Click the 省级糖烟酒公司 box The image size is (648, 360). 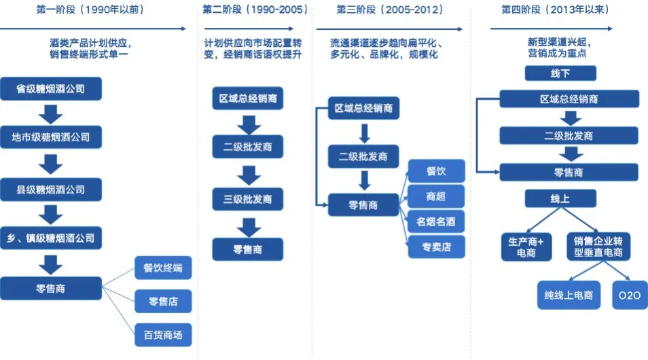coord(51,88)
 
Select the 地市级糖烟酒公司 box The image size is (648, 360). coord(51,137)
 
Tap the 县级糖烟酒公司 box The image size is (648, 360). coord(51,190)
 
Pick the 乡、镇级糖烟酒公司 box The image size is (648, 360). coord(51,238)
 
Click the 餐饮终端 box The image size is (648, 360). coord(163,268)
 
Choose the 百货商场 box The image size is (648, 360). coord(163,335)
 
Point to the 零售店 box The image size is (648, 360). coord(163,302)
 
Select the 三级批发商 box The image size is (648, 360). coord(247,199)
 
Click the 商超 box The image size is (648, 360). coord(436,196)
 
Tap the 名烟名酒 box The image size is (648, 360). coord(436,221)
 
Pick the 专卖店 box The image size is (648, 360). coord(436,247)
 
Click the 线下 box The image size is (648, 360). coord(560,73)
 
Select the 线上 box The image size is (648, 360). coord(560,198)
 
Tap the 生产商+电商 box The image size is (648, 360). coord(526,247)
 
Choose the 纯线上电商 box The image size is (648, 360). coord(569,295)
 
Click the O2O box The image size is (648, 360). coord(630,295)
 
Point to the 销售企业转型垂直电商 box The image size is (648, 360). coord(598,247)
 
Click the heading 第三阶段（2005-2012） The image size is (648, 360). coord(390,10)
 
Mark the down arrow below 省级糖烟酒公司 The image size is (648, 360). coord(51,115)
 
